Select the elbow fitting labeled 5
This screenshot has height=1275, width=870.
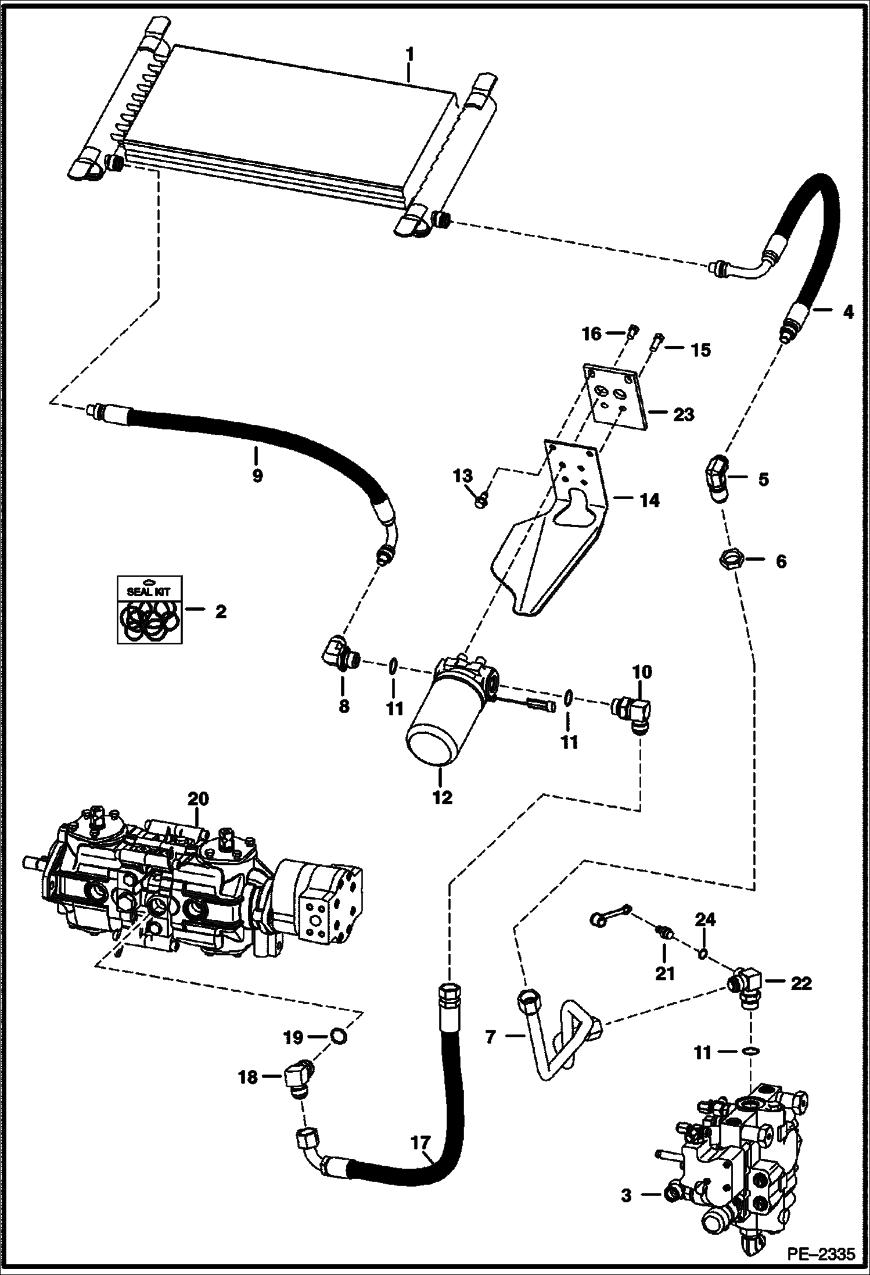pos(716,478)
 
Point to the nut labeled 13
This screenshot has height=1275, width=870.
pos(481,500)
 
